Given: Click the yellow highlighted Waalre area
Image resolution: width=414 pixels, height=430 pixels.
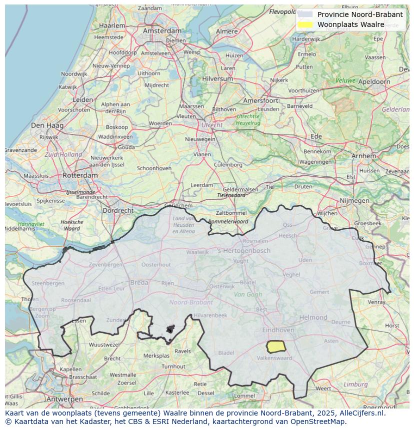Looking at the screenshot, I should (x=275, y=346).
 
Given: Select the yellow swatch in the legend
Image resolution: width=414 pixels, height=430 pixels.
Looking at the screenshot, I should (x=304, y=24).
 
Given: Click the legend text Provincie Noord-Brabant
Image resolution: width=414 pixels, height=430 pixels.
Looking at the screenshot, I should (x=359, y=14).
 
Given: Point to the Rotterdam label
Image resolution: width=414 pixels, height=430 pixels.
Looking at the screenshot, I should (x=80, y=175).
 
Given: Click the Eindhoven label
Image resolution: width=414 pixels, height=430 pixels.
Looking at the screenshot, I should (x=278, y=330).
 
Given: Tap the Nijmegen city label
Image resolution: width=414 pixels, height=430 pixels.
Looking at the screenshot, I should (x=354, y=201).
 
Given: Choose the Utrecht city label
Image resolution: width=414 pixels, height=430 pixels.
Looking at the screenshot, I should (x=211, y=125).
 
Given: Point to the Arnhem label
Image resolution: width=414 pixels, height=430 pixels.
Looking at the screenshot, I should (x=363, y=156).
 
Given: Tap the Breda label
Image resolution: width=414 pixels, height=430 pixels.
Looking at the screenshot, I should (x=139, y=283).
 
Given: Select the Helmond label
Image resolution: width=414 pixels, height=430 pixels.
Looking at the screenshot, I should (x=313, y=317).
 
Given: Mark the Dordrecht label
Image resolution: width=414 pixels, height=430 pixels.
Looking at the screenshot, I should (x=117, y=211).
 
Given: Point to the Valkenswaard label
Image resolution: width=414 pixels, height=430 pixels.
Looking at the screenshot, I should (x=274, y=358).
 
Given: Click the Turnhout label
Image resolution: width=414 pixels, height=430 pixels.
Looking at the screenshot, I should (x=173, y=366).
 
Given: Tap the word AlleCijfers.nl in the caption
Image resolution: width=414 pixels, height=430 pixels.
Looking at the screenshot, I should (x=360, y=413).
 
